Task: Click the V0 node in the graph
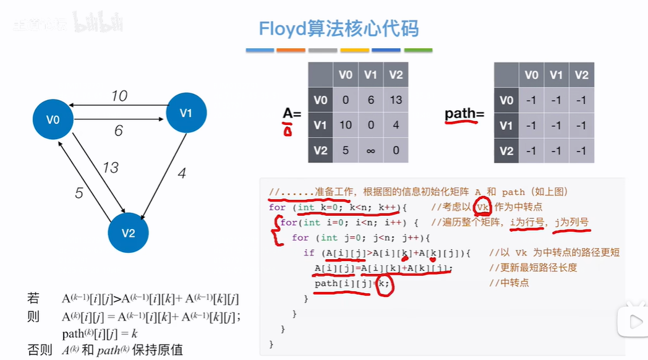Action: [53, 119]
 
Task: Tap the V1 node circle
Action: [186, 113]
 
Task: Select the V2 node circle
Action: [128, 233]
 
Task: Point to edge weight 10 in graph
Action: [119, 96]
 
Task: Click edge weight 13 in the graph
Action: [111, 168]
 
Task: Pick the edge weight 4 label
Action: [181, 174]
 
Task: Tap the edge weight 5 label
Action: [79, 194]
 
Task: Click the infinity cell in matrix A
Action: [371, 150]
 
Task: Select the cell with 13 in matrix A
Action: [396, 100]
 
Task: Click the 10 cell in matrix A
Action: [346, 125]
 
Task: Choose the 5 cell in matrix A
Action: [346, 150]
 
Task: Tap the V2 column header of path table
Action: [581, 75]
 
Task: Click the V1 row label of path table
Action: [506, 125]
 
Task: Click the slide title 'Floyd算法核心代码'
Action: [339, 28]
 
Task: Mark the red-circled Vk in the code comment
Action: [483, 208]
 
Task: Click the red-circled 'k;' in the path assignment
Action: [385, 284]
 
